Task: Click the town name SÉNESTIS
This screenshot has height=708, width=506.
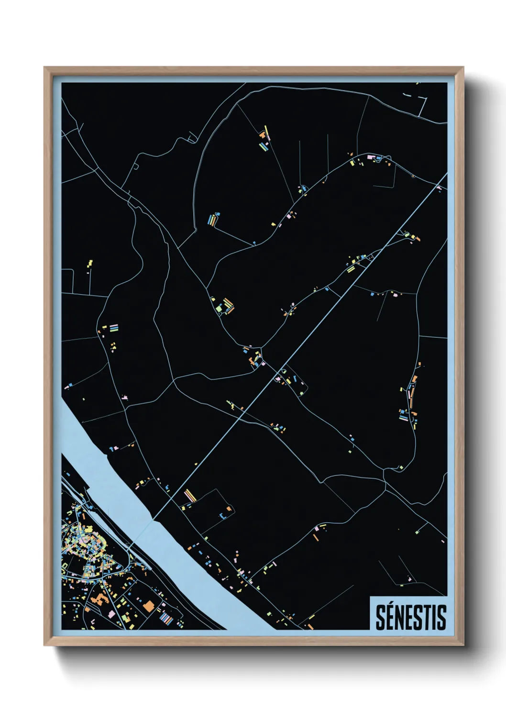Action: tap(410, 617)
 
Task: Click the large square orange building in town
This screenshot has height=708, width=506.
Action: tap(149, 607)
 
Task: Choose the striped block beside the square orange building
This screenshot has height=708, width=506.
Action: tap(166, 619)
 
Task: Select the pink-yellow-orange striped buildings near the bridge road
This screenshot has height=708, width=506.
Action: tap(190, 495)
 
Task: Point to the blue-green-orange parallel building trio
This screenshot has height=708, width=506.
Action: tap(212, 220)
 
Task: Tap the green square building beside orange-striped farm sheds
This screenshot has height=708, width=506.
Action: tap(220, 308)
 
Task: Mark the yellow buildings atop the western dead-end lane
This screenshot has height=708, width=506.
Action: tap(89, 263)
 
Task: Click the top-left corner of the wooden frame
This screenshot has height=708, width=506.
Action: tap(44, 67)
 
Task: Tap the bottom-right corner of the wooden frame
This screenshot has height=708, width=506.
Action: tap(463, 645)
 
